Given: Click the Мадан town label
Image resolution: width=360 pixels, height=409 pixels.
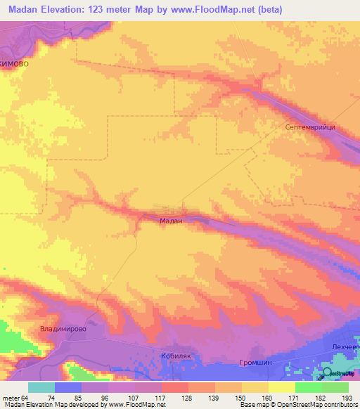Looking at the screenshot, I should click(171, 220).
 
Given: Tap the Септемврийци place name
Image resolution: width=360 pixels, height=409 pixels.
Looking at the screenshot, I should click(313, 127).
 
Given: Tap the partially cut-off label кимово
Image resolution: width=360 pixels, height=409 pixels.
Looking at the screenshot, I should click(15, 63).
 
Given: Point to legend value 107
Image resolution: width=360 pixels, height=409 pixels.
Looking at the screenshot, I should click(134, 397).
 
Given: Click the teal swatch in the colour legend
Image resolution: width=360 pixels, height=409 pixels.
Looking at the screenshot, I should click(41, 387).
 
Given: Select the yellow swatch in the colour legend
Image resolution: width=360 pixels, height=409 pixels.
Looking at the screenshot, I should click(281, 387).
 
